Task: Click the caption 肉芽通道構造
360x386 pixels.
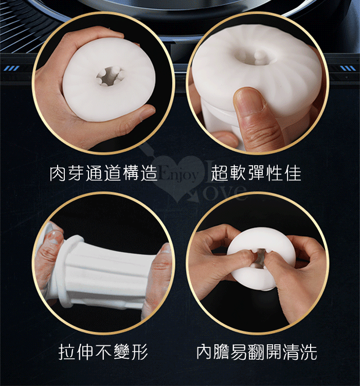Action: tap(103, 173)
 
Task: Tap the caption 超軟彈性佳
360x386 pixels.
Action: tap(256, 173)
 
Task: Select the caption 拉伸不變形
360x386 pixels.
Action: tap(103, 352)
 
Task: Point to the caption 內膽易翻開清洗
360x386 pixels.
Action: tap(257, 352)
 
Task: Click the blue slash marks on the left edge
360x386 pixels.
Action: tap(11, 68)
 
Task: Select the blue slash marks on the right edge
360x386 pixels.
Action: tap(348, 68)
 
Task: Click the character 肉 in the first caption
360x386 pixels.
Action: tap(58, 173)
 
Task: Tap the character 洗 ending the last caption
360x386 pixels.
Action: tap(309, 352)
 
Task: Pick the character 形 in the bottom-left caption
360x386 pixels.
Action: tap(140, 352)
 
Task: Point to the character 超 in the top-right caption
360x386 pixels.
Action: tap(219, 173)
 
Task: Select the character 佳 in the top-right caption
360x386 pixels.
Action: tap(293, 173)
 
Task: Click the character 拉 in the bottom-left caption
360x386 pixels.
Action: tap(67, 352)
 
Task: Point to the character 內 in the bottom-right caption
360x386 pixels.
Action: tap(205, 352)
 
